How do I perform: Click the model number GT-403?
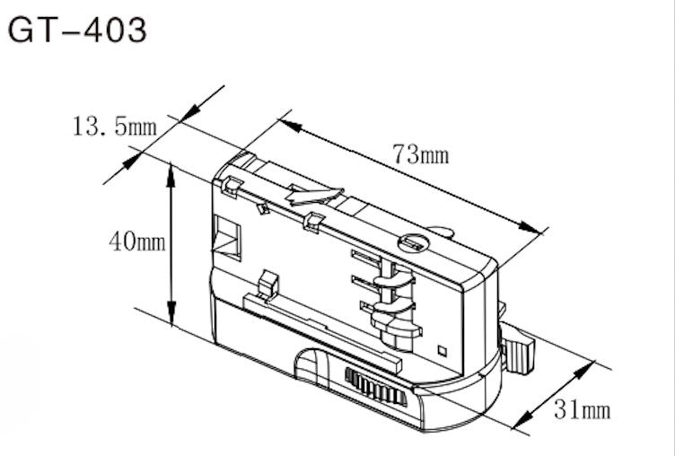point(76,30)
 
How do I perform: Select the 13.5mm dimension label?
point(114,126)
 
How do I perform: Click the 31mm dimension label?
point(581,411)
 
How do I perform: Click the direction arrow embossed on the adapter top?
point(313,194)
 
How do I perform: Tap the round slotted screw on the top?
point(415,242)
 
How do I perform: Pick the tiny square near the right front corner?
point(441,348)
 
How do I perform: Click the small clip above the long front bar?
point(267,284)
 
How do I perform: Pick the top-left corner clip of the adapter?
point(230,185)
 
